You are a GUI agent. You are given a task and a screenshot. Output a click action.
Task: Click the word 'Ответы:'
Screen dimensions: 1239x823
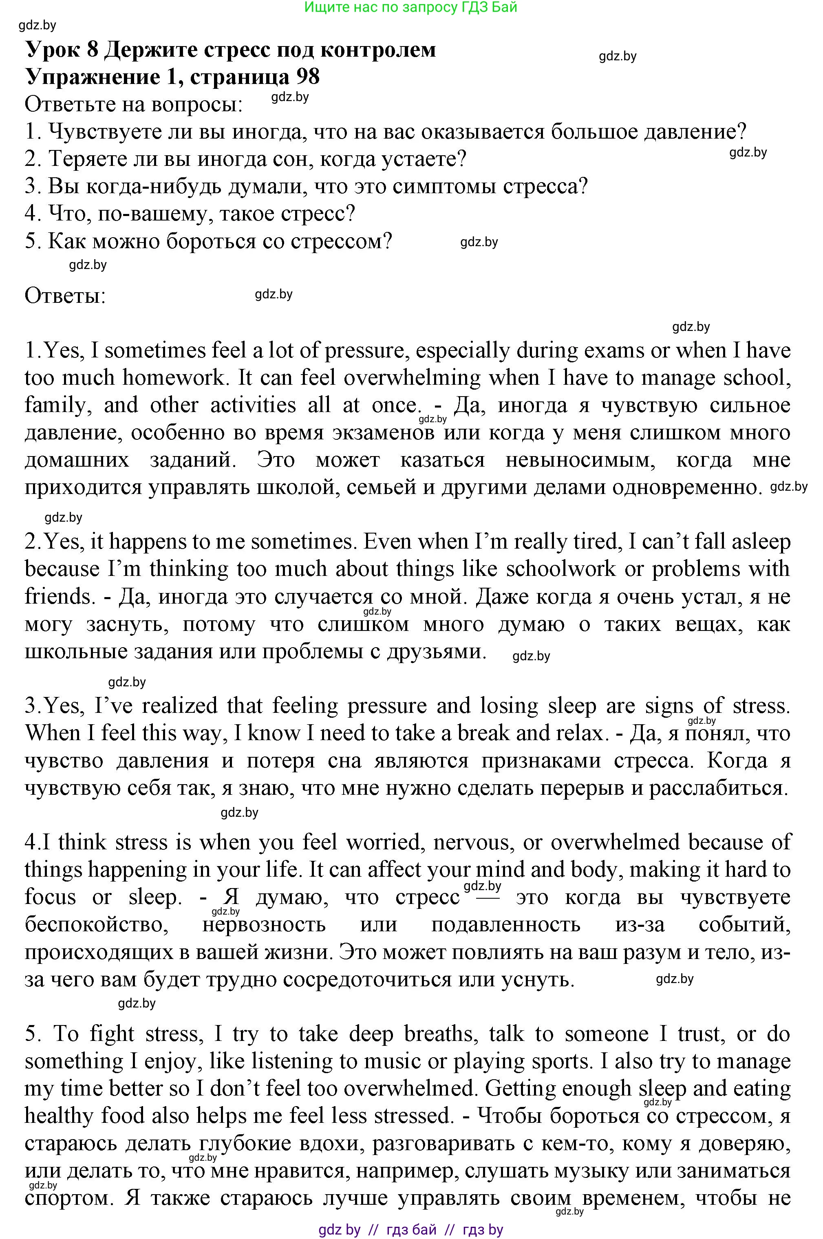click(x=65, y=296)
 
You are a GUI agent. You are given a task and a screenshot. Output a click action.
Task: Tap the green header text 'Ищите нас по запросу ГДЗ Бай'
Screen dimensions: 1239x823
click(x=411, y=7)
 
